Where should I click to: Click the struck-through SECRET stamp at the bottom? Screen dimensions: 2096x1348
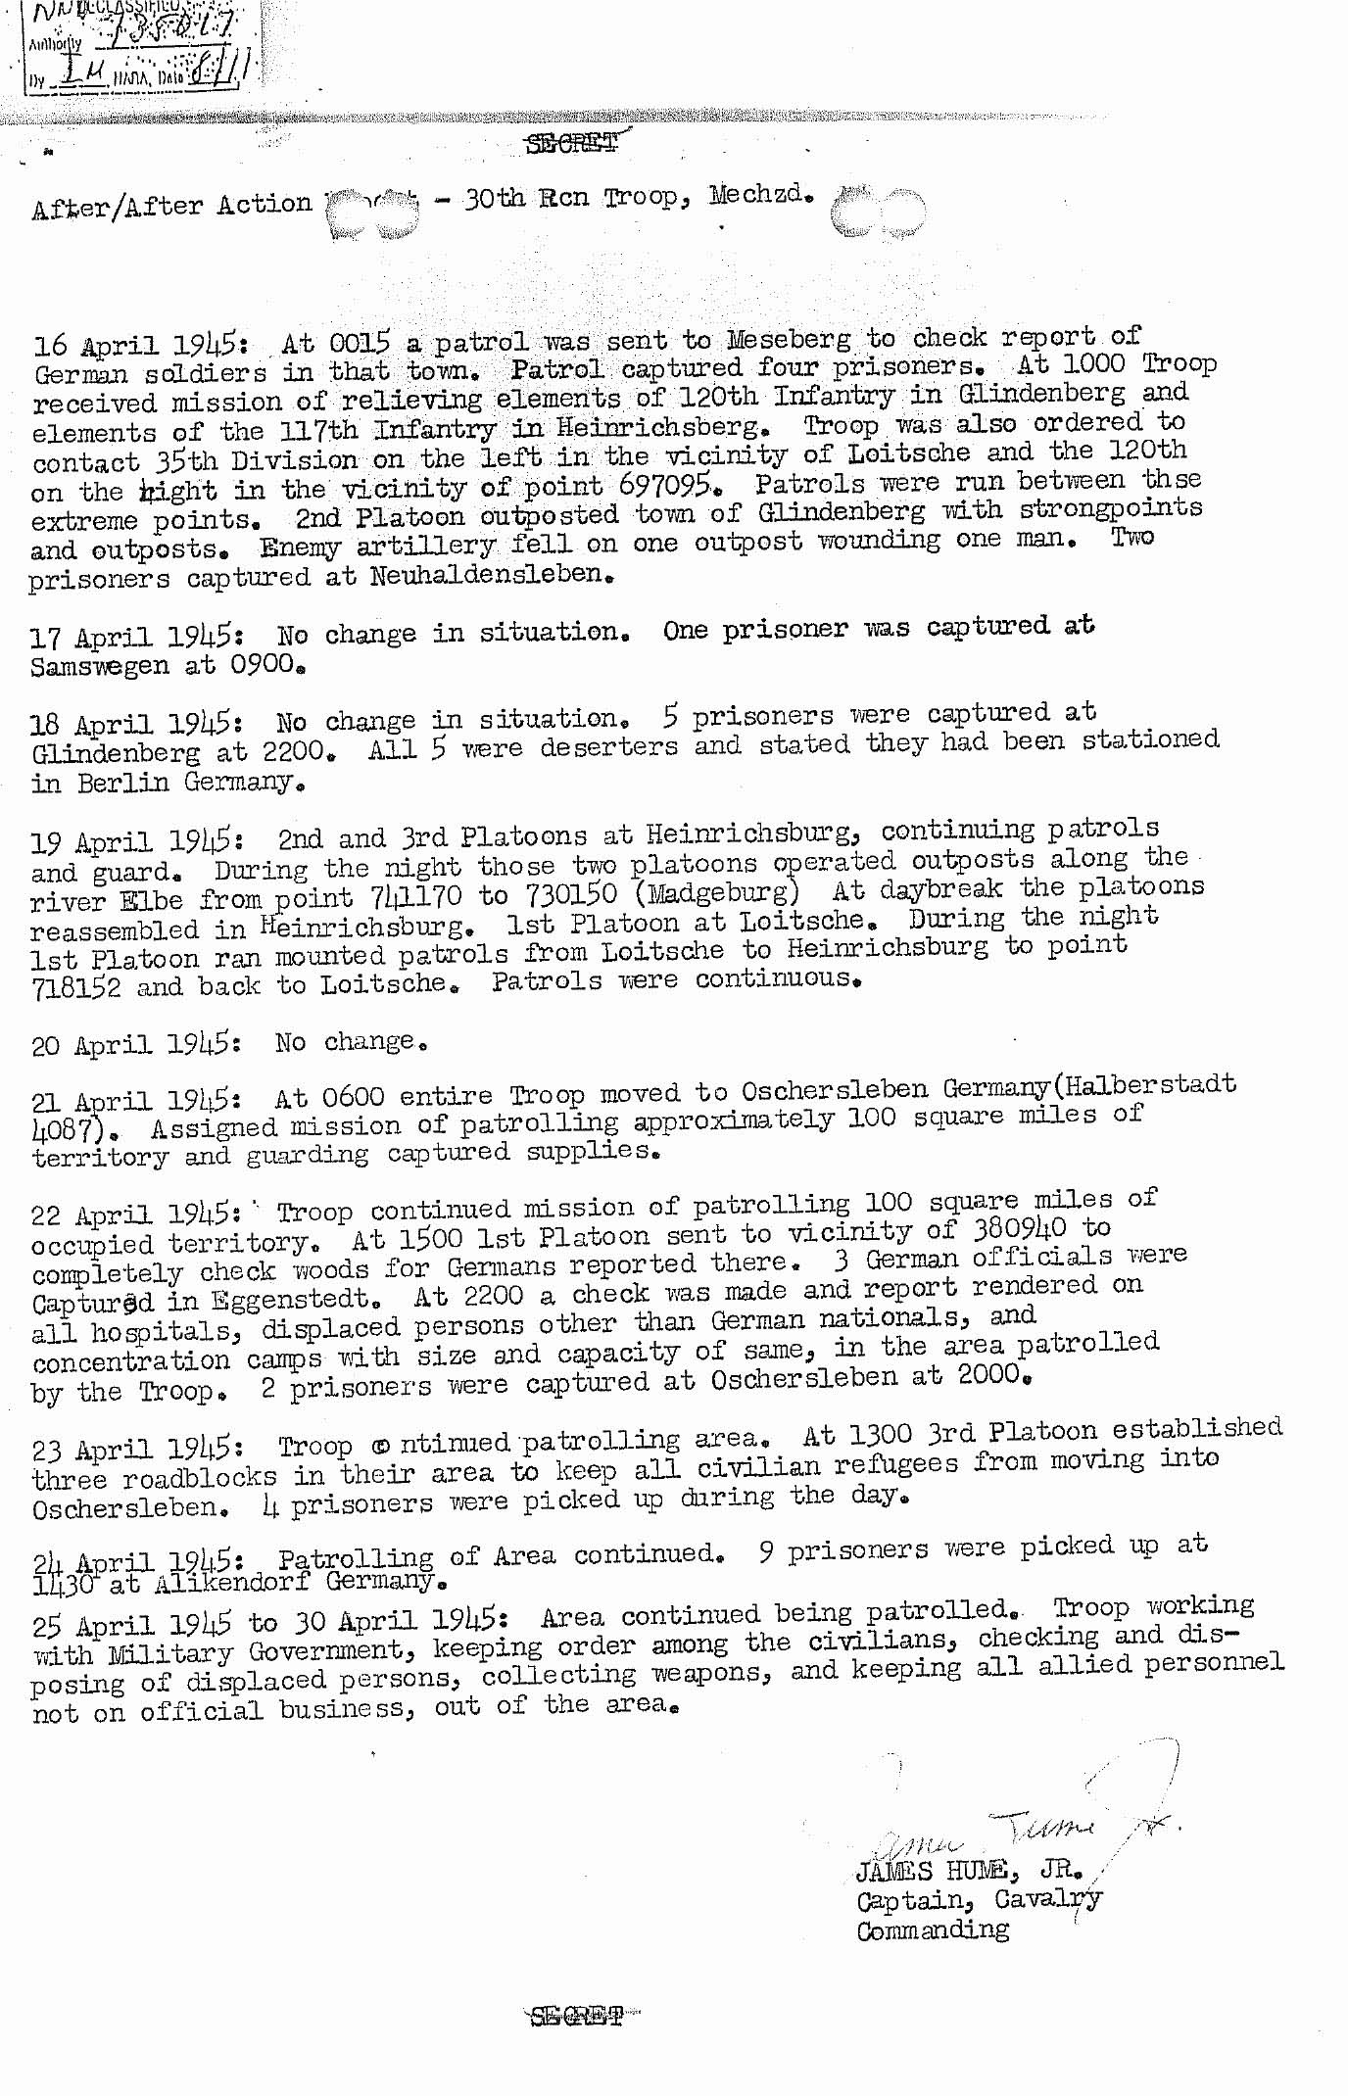pos(576,2016)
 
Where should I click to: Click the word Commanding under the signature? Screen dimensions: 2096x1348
pos(932,1929)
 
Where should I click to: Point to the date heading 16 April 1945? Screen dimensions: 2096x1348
pos(136,346)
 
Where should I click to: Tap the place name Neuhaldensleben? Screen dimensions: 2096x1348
pos(491,575)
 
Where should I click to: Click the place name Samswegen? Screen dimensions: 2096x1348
pos(99,666)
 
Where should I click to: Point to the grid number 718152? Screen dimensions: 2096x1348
pos(76,987)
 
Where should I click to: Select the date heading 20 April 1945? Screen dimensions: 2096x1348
pos(136,1044)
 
